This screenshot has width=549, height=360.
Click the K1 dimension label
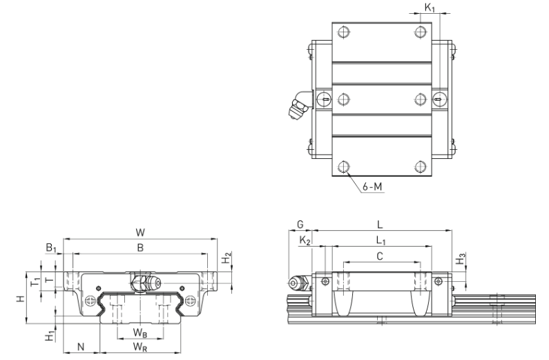430,8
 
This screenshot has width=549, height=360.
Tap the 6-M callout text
372,187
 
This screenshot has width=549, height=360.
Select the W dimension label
140,233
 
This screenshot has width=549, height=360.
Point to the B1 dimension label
51,248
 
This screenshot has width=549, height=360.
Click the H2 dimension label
227,258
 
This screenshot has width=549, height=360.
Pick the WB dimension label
139,332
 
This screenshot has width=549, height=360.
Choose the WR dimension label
139,347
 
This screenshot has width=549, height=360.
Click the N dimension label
81,347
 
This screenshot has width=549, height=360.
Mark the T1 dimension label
35,281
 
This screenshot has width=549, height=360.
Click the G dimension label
300,225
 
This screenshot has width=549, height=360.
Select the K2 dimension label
305,240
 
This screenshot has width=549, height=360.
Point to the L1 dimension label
381,240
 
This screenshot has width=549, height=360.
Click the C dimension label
380,256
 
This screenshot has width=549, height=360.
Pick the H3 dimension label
461,259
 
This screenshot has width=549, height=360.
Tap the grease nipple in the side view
298,283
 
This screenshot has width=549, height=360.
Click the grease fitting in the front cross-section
146,282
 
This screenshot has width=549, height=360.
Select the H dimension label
21,299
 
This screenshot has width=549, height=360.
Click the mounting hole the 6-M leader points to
344,167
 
